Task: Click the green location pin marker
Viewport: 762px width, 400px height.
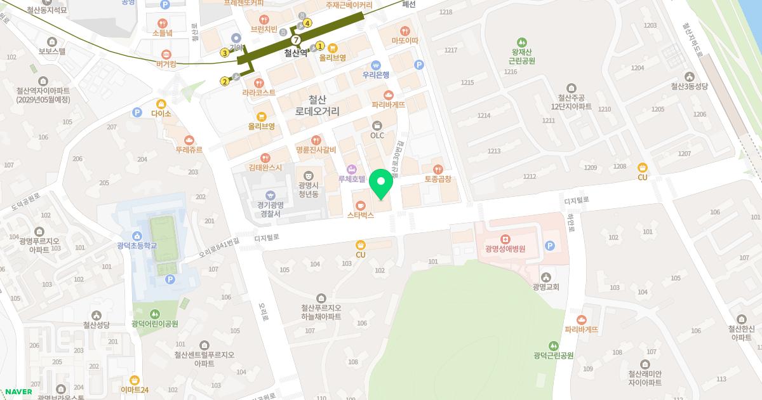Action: pyautogui.click(x=381, y=183)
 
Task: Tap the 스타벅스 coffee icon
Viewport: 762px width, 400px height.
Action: pyautogui.click(x=361, y=206)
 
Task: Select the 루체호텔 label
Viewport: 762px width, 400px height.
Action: pyautogui.click(x=351, y=180)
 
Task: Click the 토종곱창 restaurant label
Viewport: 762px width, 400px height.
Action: pyautogui.click(x=438, y=179)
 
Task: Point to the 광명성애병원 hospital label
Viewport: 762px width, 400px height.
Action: pyautogui.click(x=505, y=249)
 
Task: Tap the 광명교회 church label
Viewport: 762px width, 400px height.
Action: pyautogui.click(x=545, y=287)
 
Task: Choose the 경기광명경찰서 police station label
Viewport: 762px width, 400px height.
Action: pyautogui.click(x=270, y=210)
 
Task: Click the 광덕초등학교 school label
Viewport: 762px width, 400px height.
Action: pyautogui.click(x=137, y=246)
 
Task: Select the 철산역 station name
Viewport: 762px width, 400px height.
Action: pyautogui.click(x=295, y=53)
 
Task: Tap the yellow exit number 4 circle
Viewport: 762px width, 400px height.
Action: pyautogui.click(x=307, y=23)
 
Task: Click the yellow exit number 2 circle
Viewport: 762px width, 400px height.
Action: pyautogui.click(x=225, y=81)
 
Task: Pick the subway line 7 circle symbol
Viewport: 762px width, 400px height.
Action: pyautogui.click(x=295, y=41)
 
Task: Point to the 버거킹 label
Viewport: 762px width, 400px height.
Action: pyautogui.click(x=166, y=64)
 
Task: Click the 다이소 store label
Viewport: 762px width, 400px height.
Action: pyautogui.click(x=161, y=114)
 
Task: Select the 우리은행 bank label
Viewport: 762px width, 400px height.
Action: pyautogui.click(x=376, y=74)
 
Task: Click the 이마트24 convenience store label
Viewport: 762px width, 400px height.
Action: pyautogui.click(x=134, y=389)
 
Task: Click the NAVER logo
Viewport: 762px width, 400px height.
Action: pyautogui.click(x=18, y=392)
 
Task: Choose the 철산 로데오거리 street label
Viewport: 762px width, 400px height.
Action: pyautogui.click(x=317, y=105)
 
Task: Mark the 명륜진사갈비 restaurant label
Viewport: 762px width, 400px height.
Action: pyautogui.click(x=316, y=150)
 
